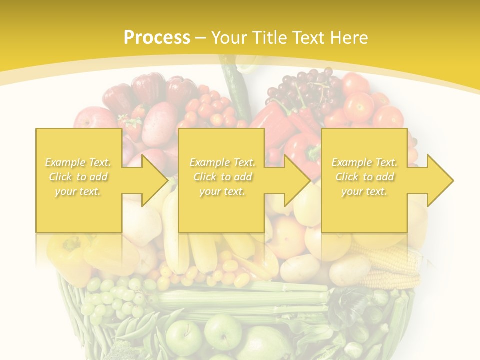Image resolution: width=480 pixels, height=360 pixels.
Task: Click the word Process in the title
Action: tap(157, 38)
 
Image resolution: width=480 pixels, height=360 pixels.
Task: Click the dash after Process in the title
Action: tap(201, 38)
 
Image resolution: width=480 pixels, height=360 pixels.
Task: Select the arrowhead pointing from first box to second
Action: tap(154, 180)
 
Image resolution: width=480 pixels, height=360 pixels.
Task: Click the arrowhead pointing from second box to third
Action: tap(297, 180)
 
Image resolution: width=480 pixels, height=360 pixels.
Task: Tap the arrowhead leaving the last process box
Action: tap(440, 180)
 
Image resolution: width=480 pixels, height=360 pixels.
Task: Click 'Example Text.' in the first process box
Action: tap(78, 162)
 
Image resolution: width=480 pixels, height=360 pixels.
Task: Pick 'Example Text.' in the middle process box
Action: tap(222, 162)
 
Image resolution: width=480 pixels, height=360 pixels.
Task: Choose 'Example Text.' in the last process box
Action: tap(364, 162)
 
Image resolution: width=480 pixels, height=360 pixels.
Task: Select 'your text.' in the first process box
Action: tap(78, 191)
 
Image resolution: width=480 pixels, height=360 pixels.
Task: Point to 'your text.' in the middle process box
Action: tap(222, 191)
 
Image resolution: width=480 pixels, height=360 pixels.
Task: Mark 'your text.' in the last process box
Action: tap(364, 191)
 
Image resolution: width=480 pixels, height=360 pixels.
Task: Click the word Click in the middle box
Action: tap(205, 177)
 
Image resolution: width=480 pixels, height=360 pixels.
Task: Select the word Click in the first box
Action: tap(60, 177)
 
